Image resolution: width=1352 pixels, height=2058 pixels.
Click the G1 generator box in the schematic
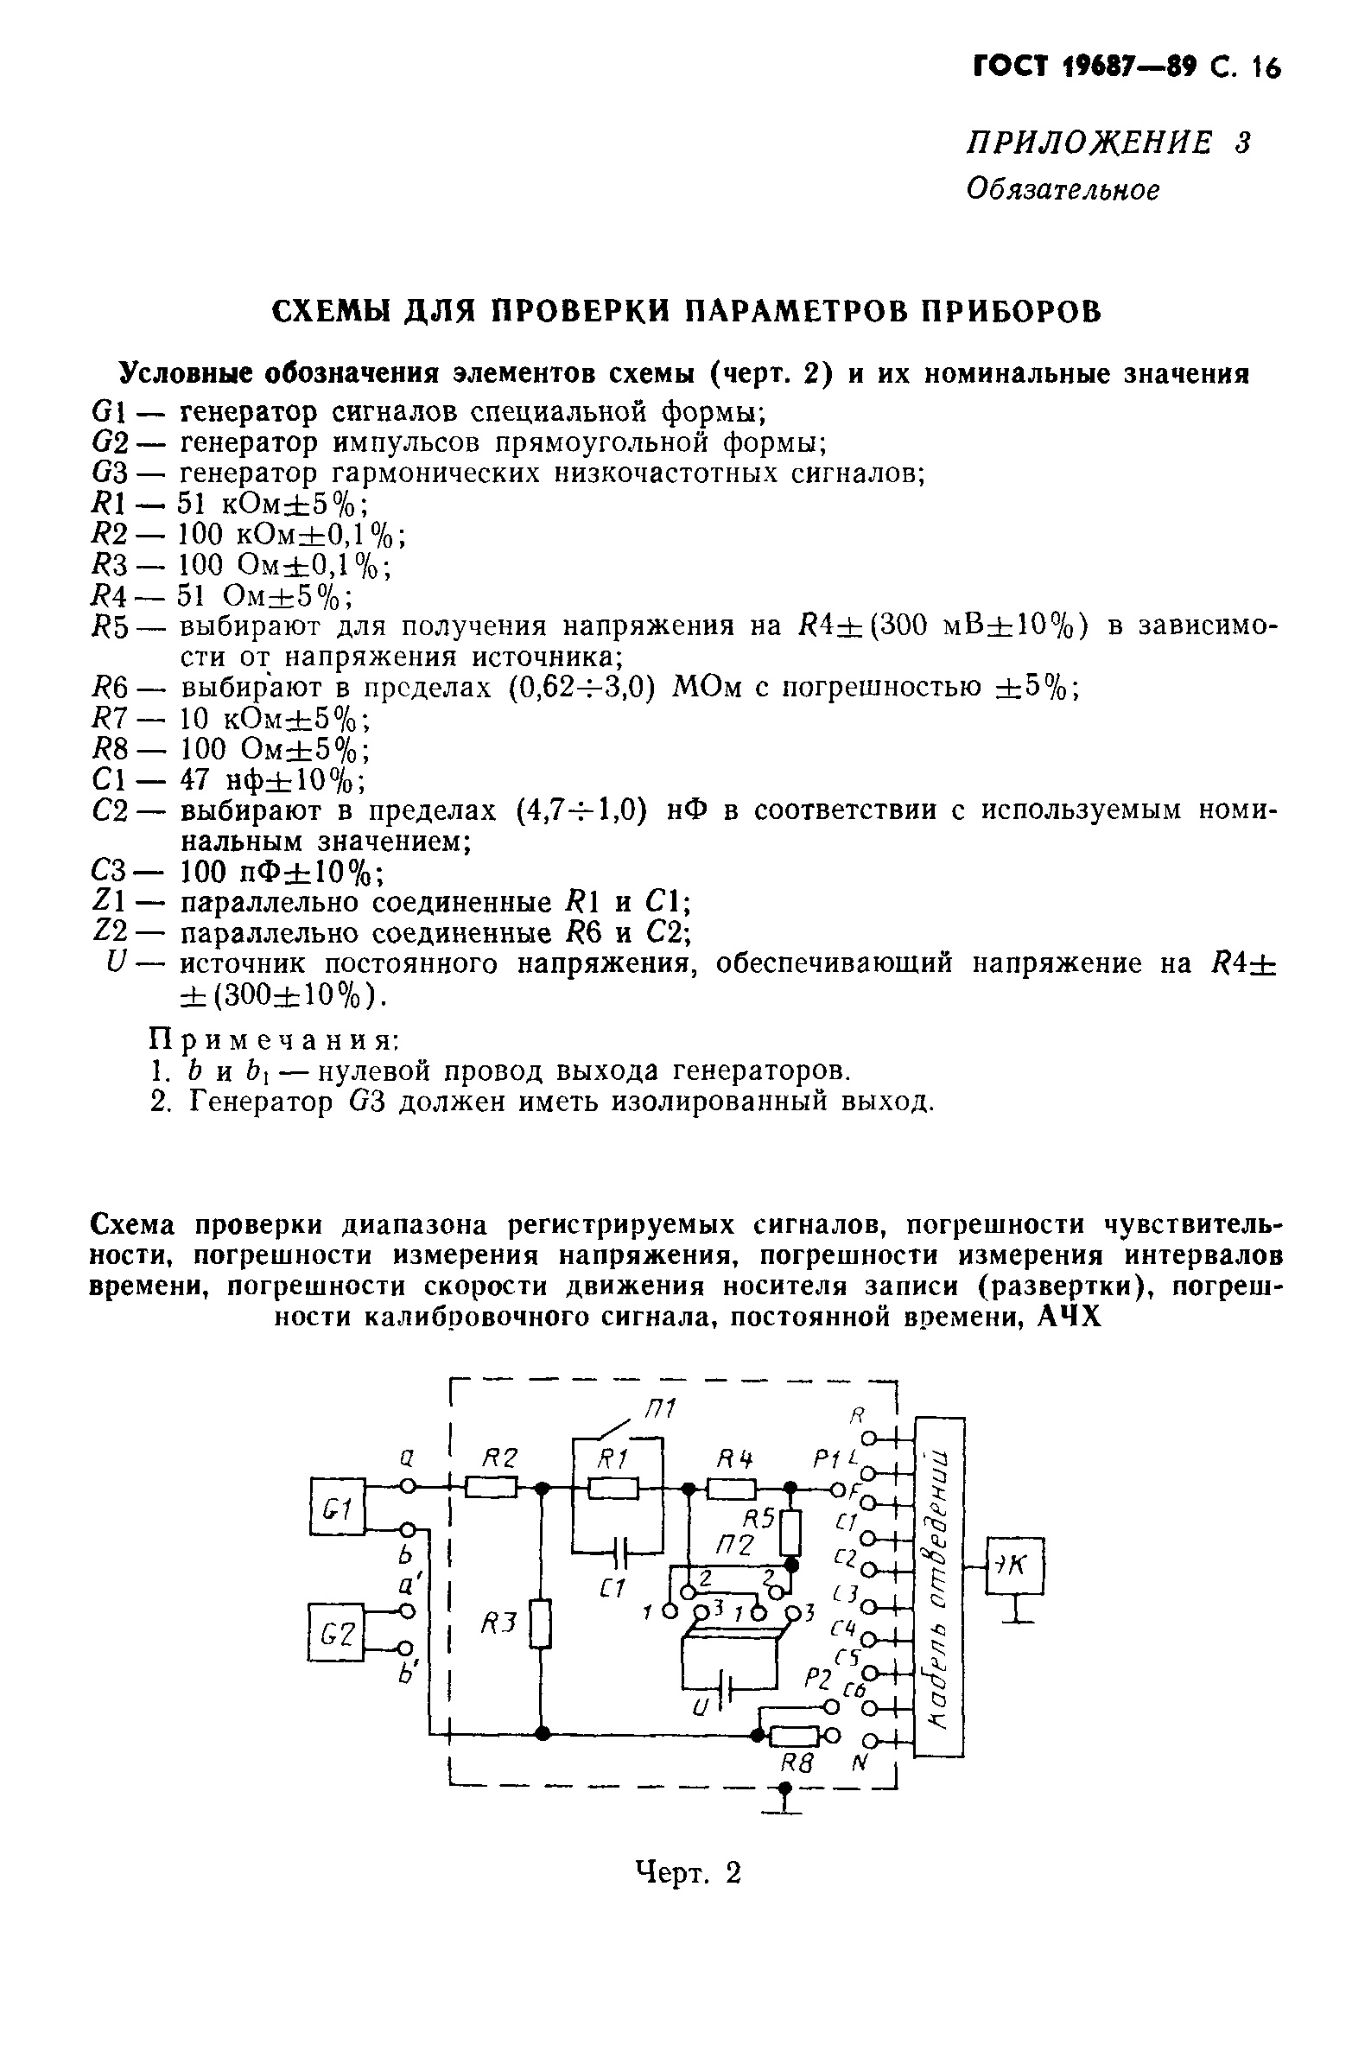337,1509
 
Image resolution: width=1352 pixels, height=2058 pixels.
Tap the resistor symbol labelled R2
492,1488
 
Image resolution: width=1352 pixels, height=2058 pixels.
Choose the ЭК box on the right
1015,1566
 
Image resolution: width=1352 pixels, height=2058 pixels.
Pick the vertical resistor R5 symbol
790,1532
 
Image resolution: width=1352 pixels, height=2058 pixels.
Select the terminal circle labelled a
409,1486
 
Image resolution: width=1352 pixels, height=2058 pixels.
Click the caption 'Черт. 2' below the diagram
689,1872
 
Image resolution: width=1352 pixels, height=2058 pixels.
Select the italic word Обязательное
1063,188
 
